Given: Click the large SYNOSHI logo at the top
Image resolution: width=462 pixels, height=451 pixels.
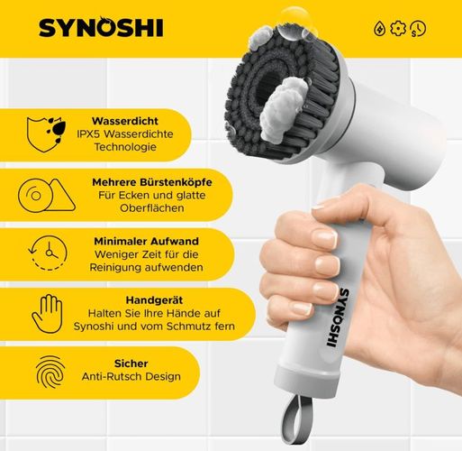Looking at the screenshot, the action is [x=101, y=27].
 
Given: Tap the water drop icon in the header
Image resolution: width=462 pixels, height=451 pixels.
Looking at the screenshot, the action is [x=379, y=29].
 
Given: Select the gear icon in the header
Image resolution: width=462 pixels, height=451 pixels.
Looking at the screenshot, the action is [x=398, y=29].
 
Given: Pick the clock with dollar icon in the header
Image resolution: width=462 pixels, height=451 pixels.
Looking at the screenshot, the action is [x=418, y=29].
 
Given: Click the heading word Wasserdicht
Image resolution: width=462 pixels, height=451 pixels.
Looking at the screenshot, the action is [x=125, y=121].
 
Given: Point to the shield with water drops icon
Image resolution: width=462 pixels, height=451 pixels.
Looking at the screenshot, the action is [x=46, y=134].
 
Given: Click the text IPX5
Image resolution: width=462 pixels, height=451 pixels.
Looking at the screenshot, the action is [x=88, y=134].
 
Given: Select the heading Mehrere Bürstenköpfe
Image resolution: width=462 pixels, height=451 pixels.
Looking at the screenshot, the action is [x=152, y=182].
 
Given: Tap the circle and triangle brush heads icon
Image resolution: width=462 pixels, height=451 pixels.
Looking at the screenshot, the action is [x=47, y=195].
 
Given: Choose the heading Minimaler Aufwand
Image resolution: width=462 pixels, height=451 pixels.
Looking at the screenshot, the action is [x=146, y=241].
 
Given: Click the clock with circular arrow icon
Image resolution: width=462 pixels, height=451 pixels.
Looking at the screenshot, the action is [x=48, y=253].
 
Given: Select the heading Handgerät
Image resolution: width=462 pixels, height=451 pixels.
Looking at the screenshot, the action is [x=154, y=300].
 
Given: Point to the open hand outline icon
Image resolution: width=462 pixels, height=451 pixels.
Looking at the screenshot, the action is [x=47, y=314].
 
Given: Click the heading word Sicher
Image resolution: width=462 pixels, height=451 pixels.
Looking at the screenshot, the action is [x=131, y=364].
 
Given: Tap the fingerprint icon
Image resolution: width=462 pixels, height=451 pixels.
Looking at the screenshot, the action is [x=50, y=372].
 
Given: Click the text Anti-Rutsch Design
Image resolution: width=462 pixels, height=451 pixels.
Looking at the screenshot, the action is [x=131, y=376].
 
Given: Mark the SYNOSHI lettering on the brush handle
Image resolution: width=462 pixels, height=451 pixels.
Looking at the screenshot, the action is [x=338, y=318].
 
